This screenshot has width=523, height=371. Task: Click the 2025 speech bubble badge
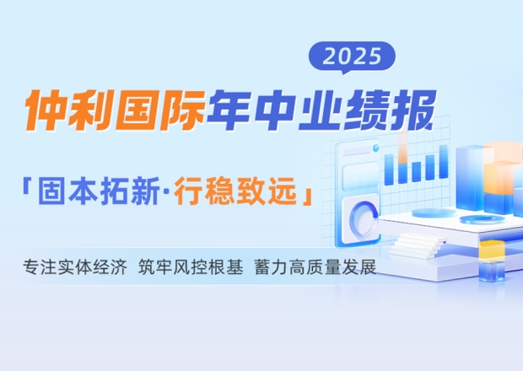(352, 56)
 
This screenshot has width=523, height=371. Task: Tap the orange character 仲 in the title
(46, 110)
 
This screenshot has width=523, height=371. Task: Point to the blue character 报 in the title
(412, 110)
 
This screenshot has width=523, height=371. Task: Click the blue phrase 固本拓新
(99, 191)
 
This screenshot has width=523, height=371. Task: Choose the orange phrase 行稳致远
(236, 191)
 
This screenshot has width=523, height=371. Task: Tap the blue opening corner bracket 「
(26, 186)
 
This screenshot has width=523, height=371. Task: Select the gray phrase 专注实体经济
(75, 267)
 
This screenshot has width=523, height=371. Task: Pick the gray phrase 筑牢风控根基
(191, 267)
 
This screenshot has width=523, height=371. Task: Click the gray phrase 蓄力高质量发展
(315, 267)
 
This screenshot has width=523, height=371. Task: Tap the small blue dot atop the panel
(376, 148)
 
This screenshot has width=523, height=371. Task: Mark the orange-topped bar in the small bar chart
(403, 158)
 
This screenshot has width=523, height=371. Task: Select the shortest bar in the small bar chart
(416, 172)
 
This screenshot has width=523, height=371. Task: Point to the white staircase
(418, 245)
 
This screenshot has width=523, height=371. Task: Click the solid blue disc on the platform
(434, 213)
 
